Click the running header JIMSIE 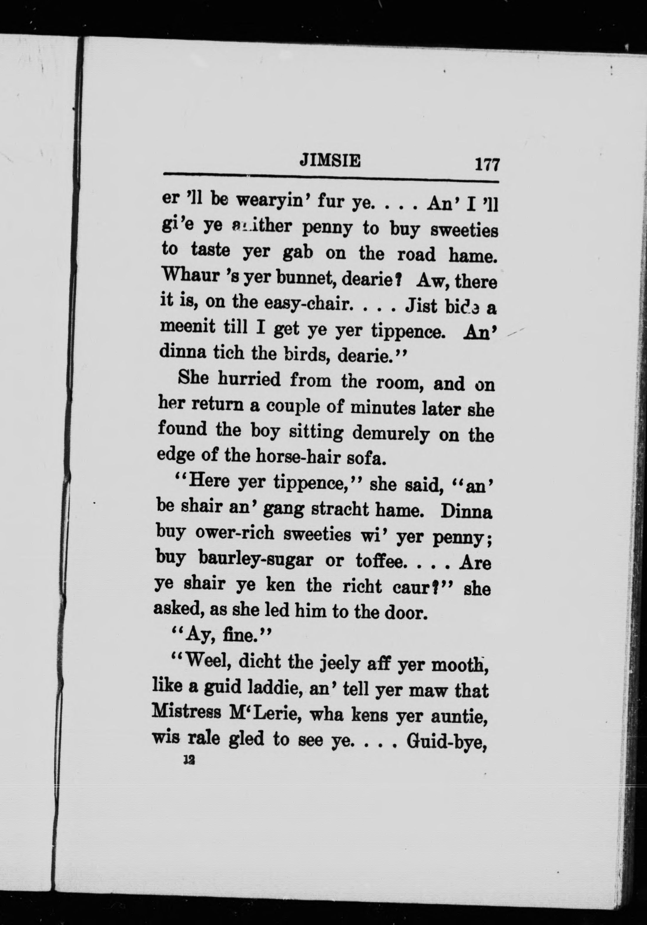[330, 162]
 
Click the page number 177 [487, 165]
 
